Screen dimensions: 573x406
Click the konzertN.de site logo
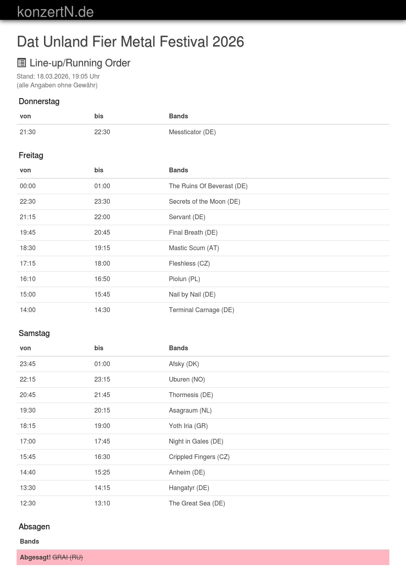tap(55, 12)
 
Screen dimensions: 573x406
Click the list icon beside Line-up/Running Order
tap(21, 63)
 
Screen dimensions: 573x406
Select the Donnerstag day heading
tap(39, 101)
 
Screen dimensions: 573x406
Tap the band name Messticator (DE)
tap(192, 132)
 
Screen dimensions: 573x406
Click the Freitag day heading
tap(31, 155)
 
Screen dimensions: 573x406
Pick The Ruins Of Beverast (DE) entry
tap(208, 186)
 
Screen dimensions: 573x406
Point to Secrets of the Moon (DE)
tap(205, 201)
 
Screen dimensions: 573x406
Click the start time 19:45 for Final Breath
tap(28, 232)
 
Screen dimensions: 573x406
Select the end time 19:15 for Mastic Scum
tap(102, 248)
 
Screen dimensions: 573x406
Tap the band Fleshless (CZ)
tap(189, 263)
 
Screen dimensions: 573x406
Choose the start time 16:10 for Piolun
tap(28, 279)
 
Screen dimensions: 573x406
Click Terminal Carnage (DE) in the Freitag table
tap(201, 310)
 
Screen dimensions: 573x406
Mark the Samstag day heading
tap(34, 333)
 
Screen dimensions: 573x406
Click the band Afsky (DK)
tap(184, 364)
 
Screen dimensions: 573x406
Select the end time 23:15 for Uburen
tap(102, 379)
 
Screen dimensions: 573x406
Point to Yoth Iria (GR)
tap(188, 426)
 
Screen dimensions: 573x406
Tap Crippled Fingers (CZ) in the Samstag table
tap(199, 457)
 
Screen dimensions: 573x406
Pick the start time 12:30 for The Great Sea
tap(28, 503)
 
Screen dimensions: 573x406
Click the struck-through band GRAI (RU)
tap(67, 557)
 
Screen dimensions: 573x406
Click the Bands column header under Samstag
tap(178, 348)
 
